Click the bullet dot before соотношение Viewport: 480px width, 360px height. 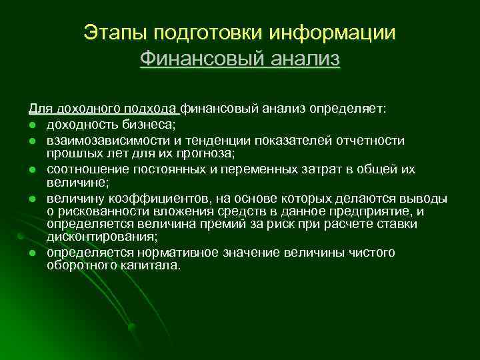[31, 169]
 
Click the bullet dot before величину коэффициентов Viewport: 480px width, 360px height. [31, 199]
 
